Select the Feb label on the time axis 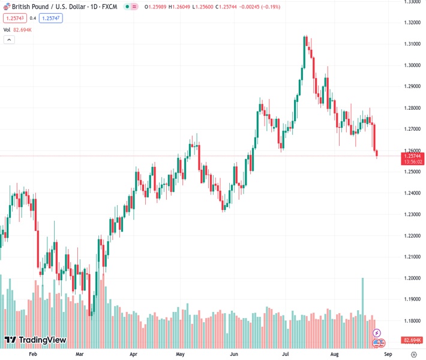click(33, 355)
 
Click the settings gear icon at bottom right click(413, 355)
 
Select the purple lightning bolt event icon click(377, 332)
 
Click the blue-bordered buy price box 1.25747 click(51, 18)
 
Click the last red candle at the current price click(377, 154)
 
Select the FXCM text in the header click(110, 6)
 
